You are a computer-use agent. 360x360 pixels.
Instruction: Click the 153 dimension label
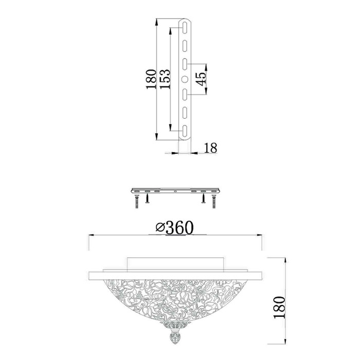tap(165, 79)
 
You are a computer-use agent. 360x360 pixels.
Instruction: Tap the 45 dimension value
tap(202, 79)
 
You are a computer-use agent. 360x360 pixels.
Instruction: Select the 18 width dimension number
tap(210, 148)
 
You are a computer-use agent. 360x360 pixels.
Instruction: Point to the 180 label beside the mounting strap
tap(151, 79)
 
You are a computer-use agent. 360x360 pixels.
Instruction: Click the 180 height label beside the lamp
tap(279, 308)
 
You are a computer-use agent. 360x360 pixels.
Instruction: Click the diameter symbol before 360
tap(160, 228)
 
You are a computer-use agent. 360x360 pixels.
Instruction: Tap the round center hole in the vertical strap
tap(185, 79)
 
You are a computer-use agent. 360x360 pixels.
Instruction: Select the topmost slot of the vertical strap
tap(185, 28)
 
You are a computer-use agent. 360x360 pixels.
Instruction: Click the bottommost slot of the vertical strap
tap(185, 131)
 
